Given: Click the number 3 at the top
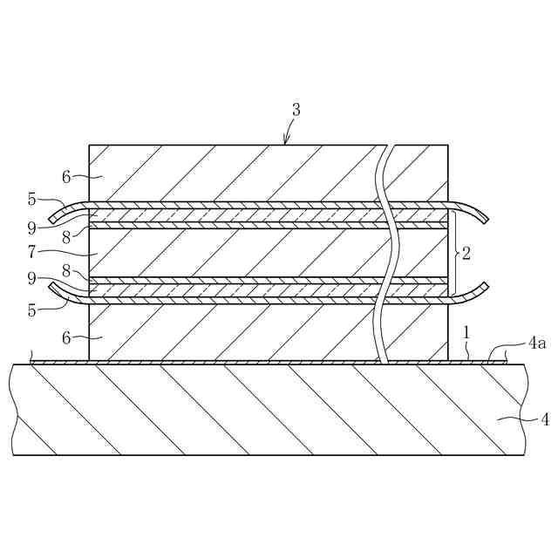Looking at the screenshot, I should (296, 110).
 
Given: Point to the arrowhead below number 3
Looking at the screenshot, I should (286, 141).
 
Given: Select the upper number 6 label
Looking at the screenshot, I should (66, 176).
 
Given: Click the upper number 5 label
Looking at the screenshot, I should (32, 200).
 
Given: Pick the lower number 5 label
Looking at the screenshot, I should (32, 308).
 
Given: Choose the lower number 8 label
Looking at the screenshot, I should (66, 272).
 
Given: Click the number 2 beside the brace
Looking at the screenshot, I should (466, 254).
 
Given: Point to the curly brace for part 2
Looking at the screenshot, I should (454, 253).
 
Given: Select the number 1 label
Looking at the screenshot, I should (466, 332).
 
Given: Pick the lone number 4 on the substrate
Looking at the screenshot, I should (545, 420).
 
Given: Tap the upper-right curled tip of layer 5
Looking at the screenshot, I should (485, 217).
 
